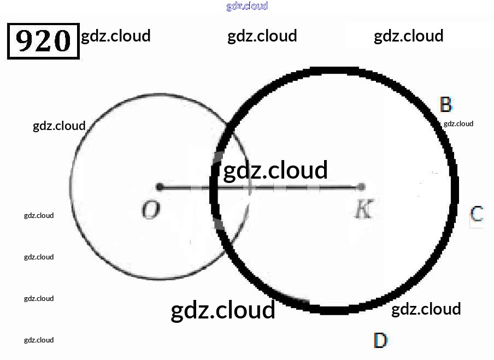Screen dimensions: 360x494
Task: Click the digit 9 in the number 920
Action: (26, 40)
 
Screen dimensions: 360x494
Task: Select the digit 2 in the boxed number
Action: (44, 40)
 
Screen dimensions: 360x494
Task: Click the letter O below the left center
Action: (150, 210)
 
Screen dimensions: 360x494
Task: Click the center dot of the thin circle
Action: (160, 187)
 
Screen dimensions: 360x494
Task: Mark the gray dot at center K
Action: (361, 187)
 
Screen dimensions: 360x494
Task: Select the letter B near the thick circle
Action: (445, 104)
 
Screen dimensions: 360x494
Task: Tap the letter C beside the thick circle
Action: (477, 214)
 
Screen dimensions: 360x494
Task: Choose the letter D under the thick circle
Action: (380, 341)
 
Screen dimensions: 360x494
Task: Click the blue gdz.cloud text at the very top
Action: (246, 7)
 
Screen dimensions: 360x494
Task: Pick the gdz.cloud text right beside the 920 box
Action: (115, 36)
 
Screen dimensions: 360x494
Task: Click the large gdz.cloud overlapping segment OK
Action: (275, 170)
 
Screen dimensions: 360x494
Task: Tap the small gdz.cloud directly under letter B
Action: (458, 123)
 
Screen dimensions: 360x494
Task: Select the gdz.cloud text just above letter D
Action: (426, 309)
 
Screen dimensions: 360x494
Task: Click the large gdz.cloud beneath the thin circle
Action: (223, 310)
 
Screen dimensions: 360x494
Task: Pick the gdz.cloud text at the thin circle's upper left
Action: (59, 126)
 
